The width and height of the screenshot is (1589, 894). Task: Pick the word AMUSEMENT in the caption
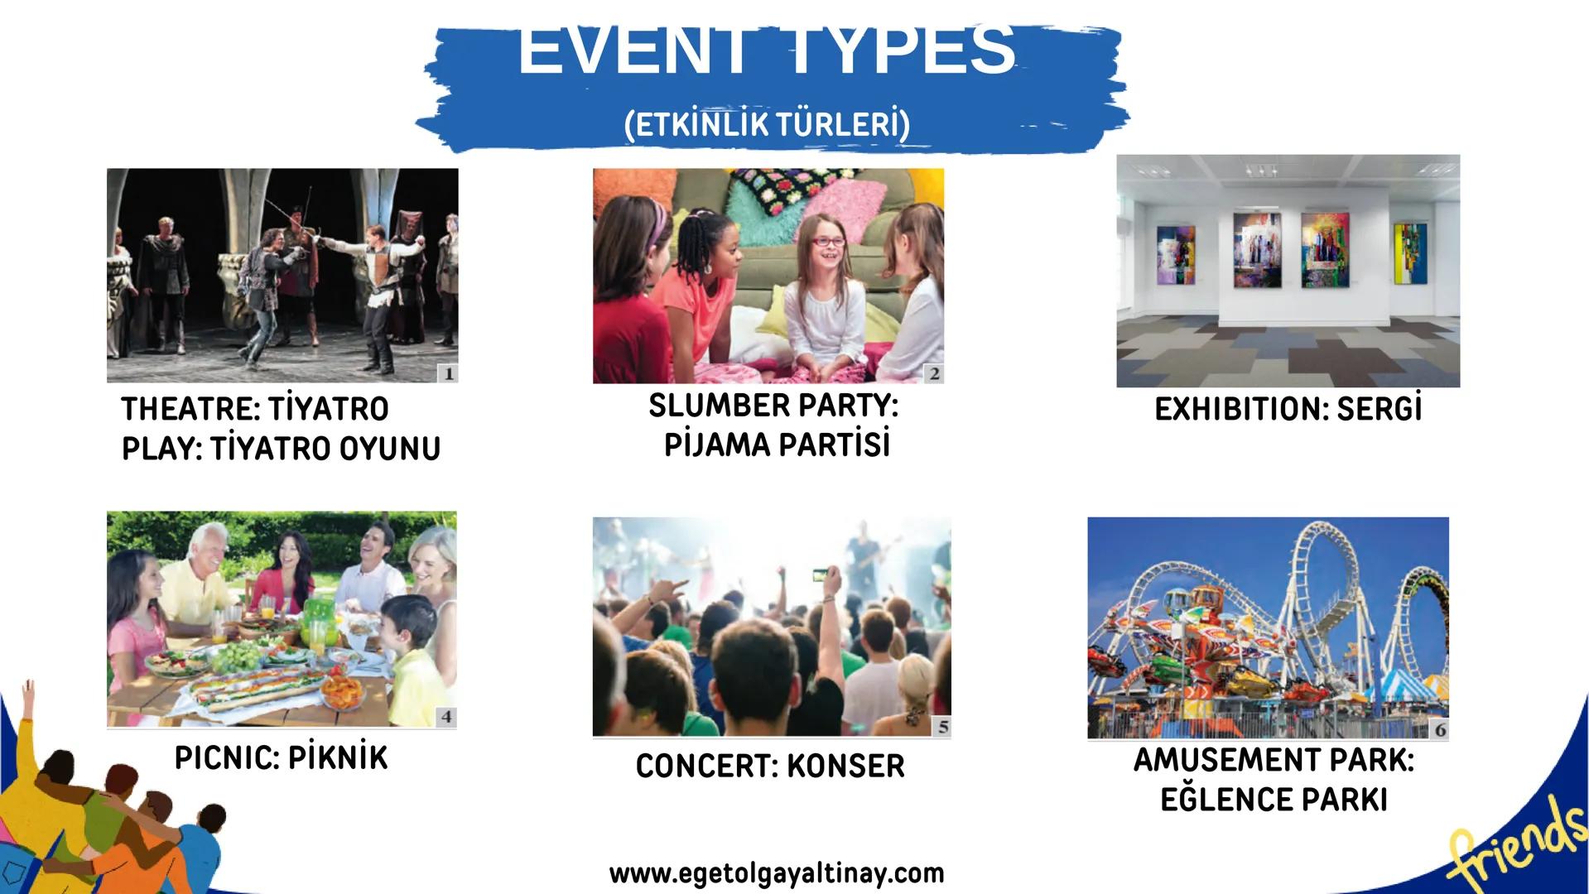[1225, 760]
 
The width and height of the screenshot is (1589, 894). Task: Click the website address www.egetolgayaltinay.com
[777, 873]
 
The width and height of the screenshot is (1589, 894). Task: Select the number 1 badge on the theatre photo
[448, 373]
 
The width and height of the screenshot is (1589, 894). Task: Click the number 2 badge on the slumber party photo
[934, 373]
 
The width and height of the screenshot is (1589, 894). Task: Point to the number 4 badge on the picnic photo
[446, 717]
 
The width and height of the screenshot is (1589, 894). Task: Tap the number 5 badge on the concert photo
[941, 727]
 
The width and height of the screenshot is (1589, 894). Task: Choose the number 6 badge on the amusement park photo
[1440, 729]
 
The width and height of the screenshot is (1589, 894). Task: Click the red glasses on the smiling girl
[828, 242]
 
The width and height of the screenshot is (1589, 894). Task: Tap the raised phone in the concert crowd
[821, 574]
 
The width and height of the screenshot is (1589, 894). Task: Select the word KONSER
[845, 766]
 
